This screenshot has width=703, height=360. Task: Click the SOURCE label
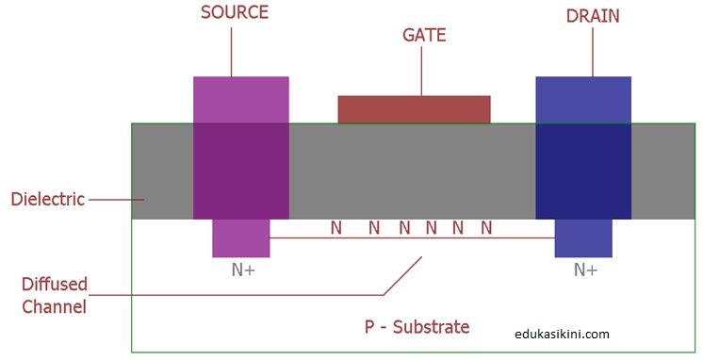click(x=235, y=12)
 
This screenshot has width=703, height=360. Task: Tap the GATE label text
click(x=424, y=36)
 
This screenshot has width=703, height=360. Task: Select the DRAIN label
click(x=593, y=15)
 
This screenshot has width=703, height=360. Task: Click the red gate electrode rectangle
click(x=414, y=109)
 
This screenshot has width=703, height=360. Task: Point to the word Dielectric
click(x=47, y=199)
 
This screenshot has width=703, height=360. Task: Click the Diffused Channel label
click(x=55, y=294)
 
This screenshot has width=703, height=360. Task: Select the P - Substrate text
click(x=417, y=327)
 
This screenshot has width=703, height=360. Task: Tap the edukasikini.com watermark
click(x=563, y=333)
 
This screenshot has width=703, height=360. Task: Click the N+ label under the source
click(x=243, y=270)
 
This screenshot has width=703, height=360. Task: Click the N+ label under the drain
click(x=585, y=270)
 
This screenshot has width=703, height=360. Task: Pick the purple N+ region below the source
click(x=241, y=237)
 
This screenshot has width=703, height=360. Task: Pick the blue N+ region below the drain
click(x=583, y=237)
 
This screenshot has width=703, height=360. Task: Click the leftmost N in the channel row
click(x=335, y=227)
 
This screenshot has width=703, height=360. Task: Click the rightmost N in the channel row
click(x=486, y=227)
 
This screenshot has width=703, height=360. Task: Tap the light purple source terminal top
click(x=241, y=99)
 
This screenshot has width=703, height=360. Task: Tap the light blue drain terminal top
click(x=583, y=99)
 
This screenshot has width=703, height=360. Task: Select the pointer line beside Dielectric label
click(x=116, y=199)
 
